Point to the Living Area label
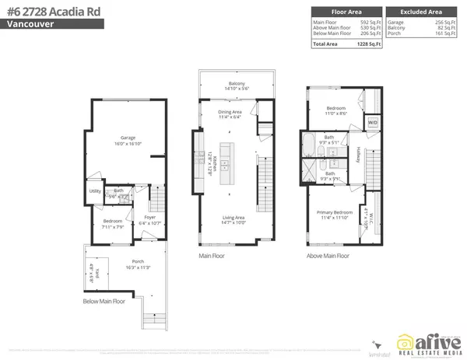[233, 218]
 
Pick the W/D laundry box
[372, 123]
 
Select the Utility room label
[95, 190]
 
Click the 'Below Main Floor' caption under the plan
[104, 301]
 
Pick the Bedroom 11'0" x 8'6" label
[336, 110]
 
